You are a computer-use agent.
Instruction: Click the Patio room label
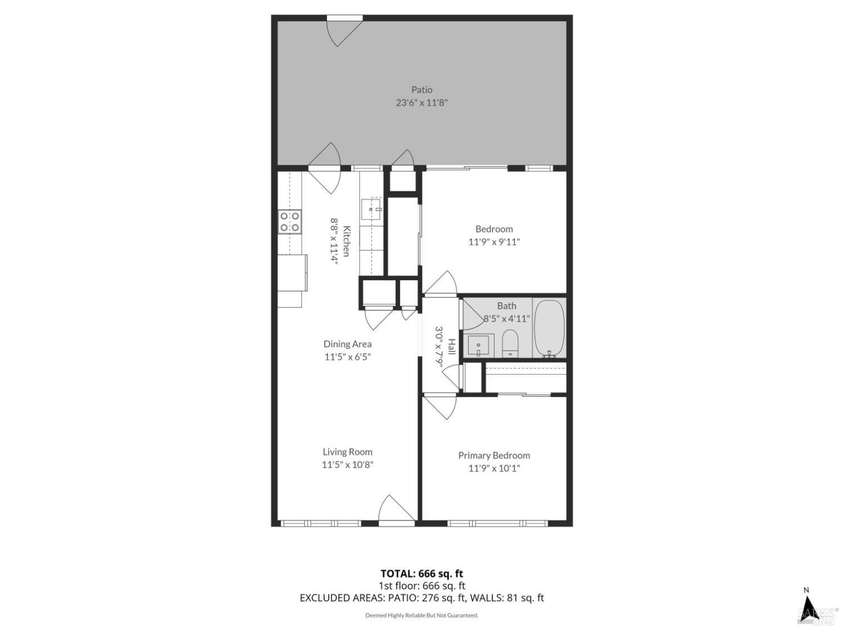tap(421, 89)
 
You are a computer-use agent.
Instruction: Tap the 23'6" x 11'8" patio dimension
tap(421, 102)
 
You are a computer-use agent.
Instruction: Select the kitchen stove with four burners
tap(290, 222)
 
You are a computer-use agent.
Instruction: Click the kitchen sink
tap(371, 209)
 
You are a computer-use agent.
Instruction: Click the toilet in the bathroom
tap(510, 343)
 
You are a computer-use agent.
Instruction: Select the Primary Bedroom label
tap(493, 455)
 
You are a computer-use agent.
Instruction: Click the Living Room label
tap(347, 451)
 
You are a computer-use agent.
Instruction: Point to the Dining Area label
tap(347, 344)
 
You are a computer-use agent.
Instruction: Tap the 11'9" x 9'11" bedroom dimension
tap(494, 242)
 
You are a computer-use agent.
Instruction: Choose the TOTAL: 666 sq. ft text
tap(421, 573)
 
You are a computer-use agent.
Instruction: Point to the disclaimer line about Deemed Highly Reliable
tap(421, 616)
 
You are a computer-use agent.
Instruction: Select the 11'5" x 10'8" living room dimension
tap(347, 465)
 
